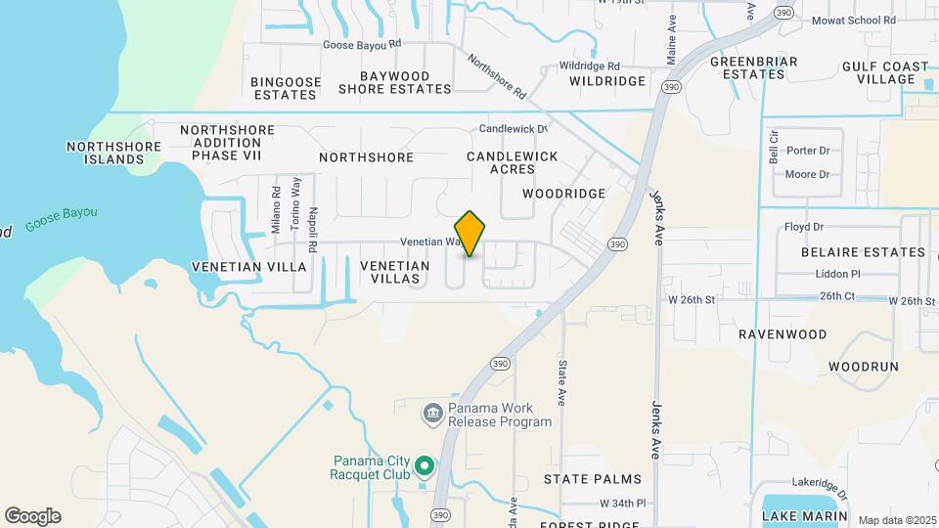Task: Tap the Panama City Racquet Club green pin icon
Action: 425,465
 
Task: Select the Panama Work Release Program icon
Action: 432,415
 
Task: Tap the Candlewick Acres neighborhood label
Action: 512,162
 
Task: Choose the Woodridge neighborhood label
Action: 563,194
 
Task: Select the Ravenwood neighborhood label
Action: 782,334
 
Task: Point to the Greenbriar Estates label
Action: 753,67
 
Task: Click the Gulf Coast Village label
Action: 885,72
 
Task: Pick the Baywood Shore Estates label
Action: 395,82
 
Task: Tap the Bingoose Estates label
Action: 285,88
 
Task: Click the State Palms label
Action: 593,479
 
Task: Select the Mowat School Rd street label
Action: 853,20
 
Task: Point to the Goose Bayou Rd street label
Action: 363,44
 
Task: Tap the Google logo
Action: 32,516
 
